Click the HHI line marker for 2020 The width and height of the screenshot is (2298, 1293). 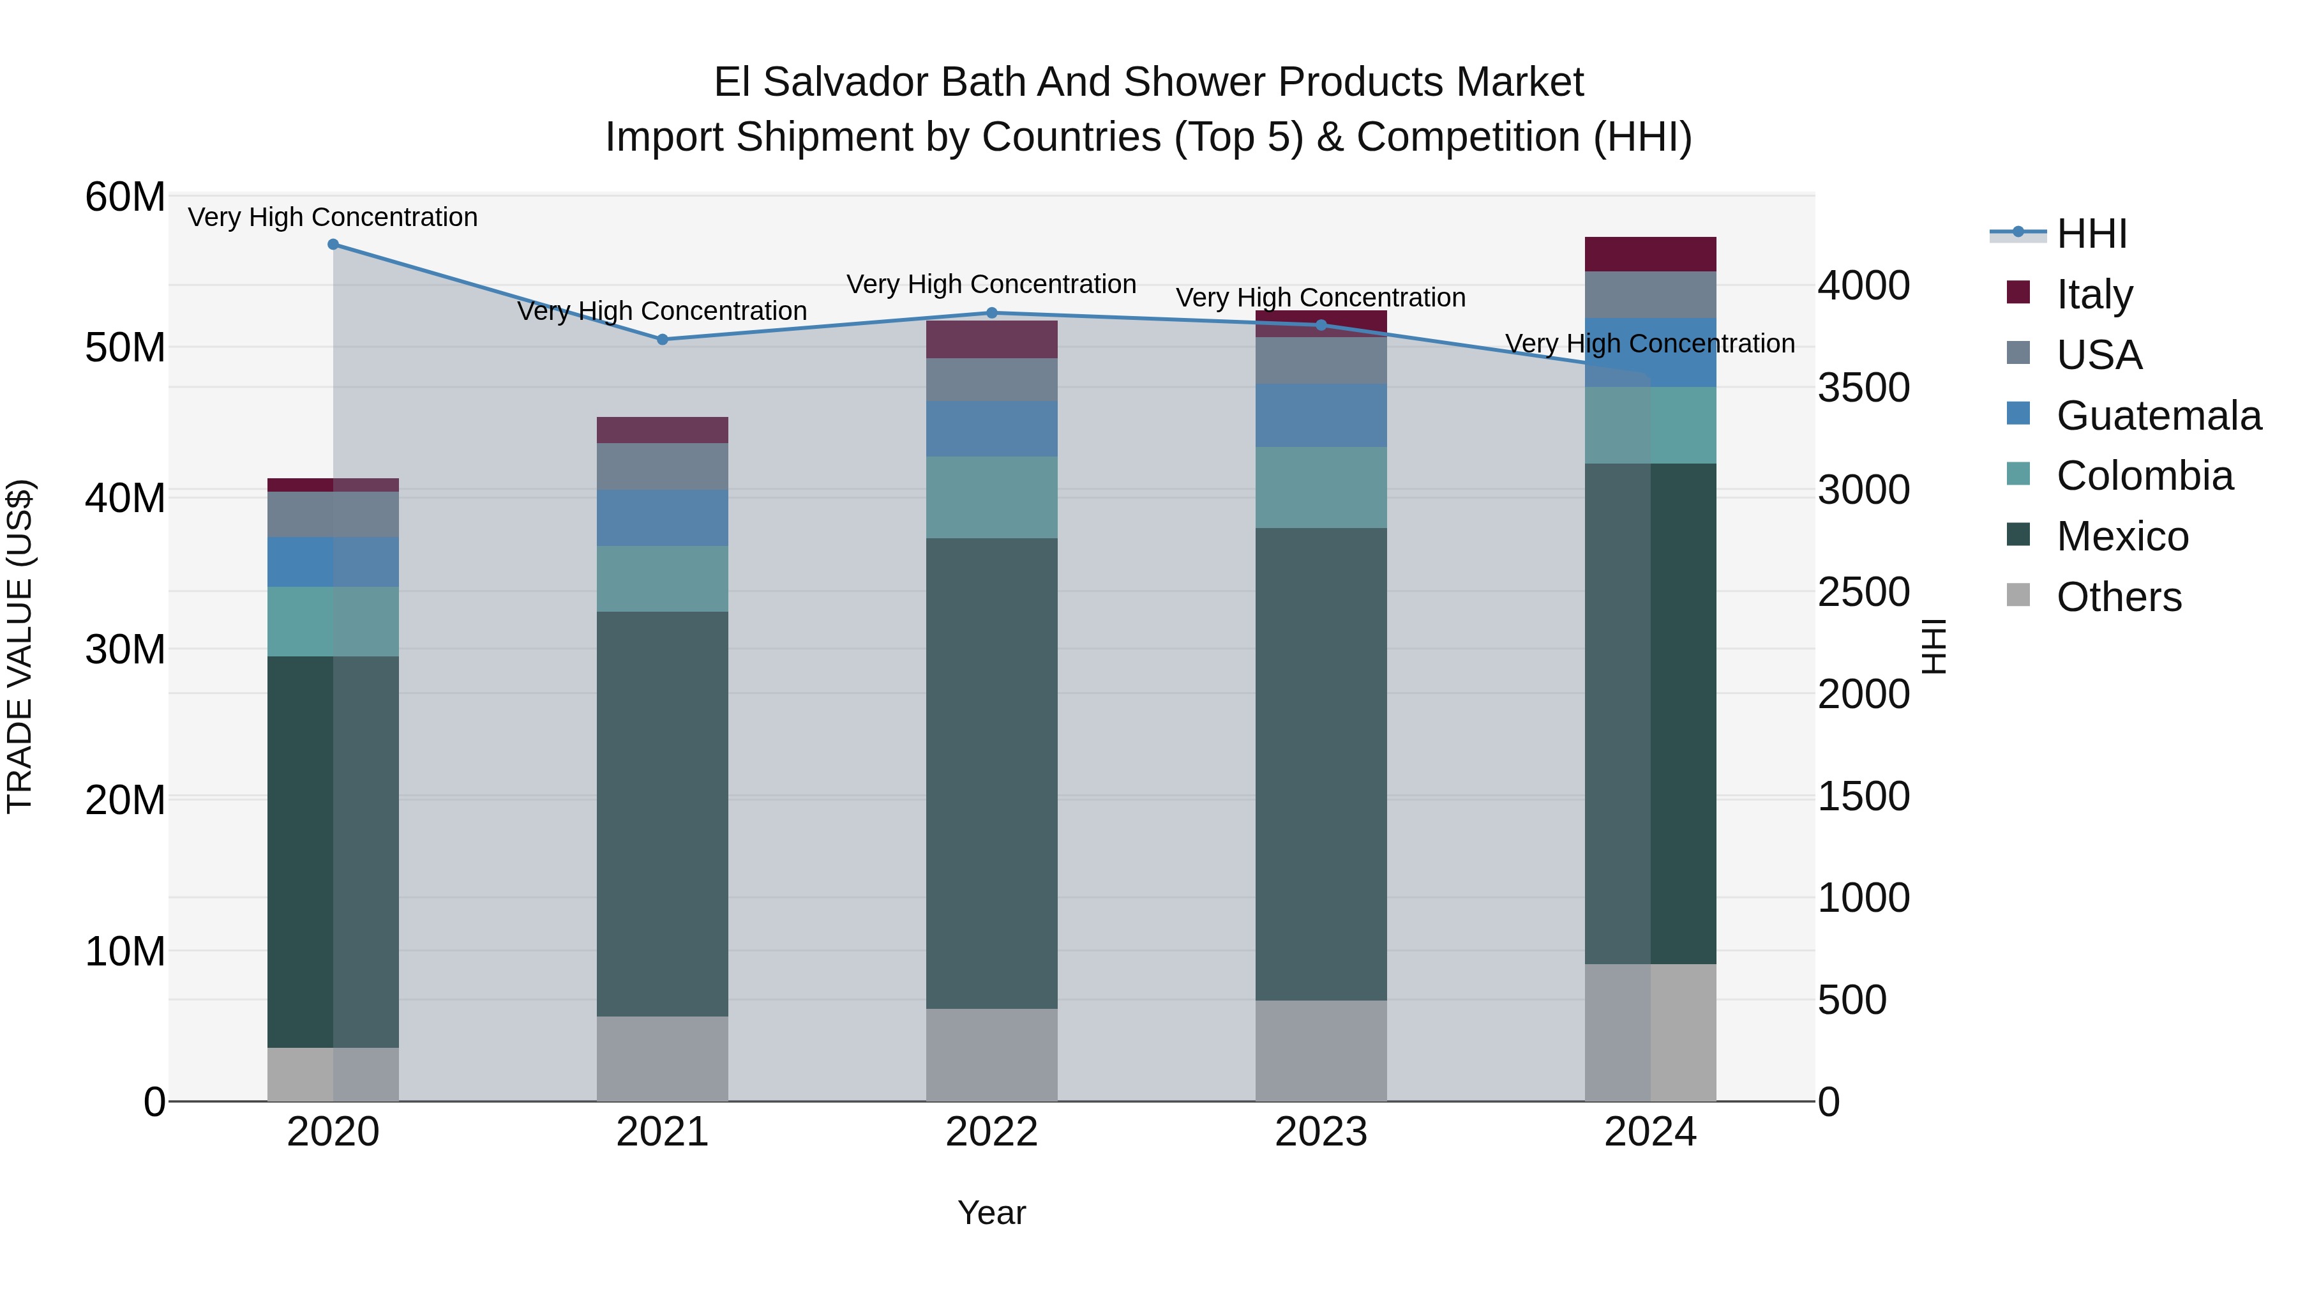333,245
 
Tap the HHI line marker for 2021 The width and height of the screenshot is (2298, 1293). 662,340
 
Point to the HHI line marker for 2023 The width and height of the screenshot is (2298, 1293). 1321,326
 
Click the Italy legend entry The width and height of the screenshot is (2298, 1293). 2093,294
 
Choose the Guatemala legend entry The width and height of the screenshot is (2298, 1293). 2157,416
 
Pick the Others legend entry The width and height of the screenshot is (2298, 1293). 2118,597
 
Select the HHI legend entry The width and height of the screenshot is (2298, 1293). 2091,234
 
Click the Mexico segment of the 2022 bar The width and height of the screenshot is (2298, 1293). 991,772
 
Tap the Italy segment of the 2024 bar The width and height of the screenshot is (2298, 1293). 1649,254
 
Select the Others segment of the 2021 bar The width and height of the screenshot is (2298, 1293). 662,1058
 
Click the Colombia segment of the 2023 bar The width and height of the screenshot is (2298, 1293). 1321,487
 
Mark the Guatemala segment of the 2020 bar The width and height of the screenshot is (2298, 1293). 333,562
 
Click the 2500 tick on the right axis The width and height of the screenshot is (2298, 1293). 1863,593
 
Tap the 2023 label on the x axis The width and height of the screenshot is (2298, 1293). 1321,1132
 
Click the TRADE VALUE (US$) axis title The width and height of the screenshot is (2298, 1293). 20,646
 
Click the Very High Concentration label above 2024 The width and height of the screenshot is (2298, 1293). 1649,344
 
